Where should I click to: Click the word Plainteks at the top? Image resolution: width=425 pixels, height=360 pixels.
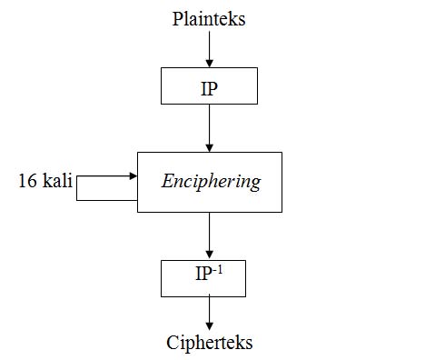coord(209,18)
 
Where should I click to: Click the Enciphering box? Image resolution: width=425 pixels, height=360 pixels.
coord(210,182)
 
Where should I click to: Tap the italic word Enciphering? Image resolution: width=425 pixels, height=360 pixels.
coord(211,182)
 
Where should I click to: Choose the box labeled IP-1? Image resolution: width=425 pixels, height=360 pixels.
coord(210,277)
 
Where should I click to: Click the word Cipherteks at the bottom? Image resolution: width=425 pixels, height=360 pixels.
coord(210,342)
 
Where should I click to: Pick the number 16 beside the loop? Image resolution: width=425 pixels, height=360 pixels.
coord(28,180)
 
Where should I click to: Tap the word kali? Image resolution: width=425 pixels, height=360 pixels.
coord(56,180)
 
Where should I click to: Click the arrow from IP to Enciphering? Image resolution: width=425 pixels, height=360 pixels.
coord(210,127)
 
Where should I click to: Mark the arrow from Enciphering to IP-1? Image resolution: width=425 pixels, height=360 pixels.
coord(210,235)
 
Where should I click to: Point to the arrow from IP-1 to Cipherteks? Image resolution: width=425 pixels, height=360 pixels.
coord(210,313)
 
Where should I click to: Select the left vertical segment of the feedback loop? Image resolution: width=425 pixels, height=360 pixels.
coord(77,188)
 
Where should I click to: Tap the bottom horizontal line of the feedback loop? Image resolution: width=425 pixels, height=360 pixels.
coord(106,198)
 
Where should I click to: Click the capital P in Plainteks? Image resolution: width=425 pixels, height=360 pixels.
coord(178,18)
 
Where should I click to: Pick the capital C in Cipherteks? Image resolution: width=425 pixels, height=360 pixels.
coord(173,342)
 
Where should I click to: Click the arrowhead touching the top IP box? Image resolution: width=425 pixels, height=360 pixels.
coord(210,63)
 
